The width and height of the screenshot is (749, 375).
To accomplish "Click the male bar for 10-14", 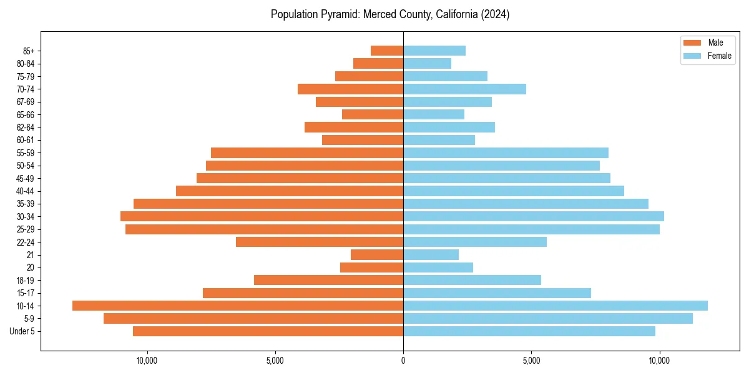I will (x=237, y=306).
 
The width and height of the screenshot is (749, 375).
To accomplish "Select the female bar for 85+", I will (x=434, y=51).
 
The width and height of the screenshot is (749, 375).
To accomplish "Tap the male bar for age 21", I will (x=377, y=254).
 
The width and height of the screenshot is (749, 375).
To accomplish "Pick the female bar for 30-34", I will (x=534, y=216).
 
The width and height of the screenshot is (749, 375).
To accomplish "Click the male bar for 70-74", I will (x=350, y=89).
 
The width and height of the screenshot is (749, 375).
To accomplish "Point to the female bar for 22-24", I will (x=475, y=242).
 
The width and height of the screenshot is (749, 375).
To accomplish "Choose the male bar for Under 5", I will (x=268, y=331).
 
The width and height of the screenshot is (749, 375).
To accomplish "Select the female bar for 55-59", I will (x=506, y=152).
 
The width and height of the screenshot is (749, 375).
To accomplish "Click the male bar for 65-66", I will (x=373, y=114).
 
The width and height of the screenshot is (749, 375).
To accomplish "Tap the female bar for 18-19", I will (x=472, y=280).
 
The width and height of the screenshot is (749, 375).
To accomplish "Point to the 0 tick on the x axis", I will (x=403, y=361).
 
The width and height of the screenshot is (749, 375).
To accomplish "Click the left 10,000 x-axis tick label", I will (x=147, y=361).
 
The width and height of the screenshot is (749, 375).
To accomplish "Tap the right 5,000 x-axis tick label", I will (x=531, y=361).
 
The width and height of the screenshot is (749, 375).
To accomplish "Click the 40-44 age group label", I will (x=26, y=191).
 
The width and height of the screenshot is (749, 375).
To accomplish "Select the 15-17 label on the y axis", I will (x=26, y=293).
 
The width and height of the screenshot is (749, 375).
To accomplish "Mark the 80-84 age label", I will (x=26, y=63).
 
